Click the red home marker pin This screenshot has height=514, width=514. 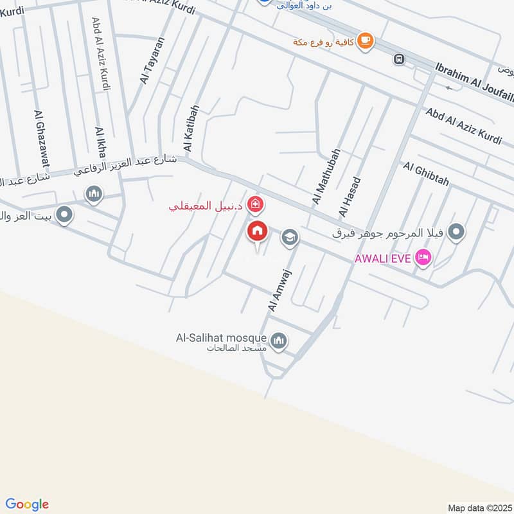(258, 232)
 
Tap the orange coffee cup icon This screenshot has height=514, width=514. (365, 40)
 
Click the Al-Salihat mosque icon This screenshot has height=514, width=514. (278, 341)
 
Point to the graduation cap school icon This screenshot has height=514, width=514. (290, 238)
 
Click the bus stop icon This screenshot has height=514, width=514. (399, 59)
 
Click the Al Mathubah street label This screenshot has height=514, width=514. (325, 177)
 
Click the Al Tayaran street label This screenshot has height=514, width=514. (153, 60)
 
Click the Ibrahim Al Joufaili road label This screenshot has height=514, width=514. (474, 80)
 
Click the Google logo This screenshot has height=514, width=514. (27, 504)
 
